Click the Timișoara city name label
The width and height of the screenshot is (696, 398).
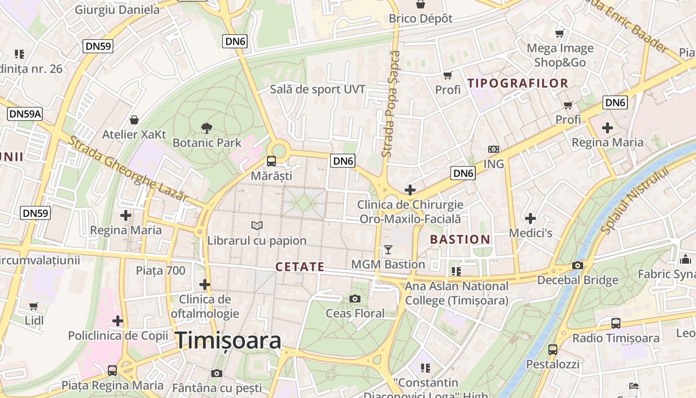tap(228, 341)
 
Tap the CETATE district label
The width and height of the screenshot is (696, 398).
tap(300, 267)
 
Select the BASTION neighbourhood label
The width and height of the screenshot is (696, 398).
tap(460, 239)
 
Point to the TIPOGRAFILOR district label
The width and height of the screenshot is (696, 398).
tap(518, 83)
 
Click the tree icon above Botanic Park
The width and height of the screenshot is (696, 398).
tap(206, 128)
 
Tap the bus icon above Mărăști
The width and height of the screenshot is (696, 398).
tap(271, 161)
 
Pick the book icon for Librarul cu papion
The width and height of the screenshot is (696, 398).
tap(257, 226)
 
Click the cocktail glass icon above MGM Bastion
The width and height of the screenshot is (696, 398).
tap(388, 249)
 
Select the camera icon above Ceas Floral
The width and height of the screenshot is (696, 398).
tap(354, 298)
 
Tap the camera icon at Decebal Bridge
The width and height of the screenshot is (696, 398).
tap(577, 266)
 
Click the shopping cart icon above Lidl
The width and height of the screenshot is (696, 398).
tap(33, 306)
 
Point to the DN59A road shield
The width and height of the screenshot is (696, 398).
tap(25, 114)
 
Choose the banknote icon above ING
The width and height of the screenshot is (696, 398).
tap(493, 149)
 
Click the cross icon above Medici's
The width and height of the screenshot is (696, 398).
tap(530, 218)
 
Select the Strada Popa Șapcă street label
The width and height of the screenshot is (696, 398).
tap(391, 104)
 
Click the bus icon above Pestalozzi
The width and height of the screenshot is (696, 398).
tap(552, 349)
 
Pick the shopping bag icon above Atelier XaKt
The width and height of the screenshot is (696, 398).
tap(134, 120)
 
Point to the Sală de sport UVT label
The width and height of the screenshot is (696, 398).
tap(317, 90)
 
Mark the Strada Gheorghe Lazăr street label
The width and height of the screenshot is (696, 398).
tap(128, 169)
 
